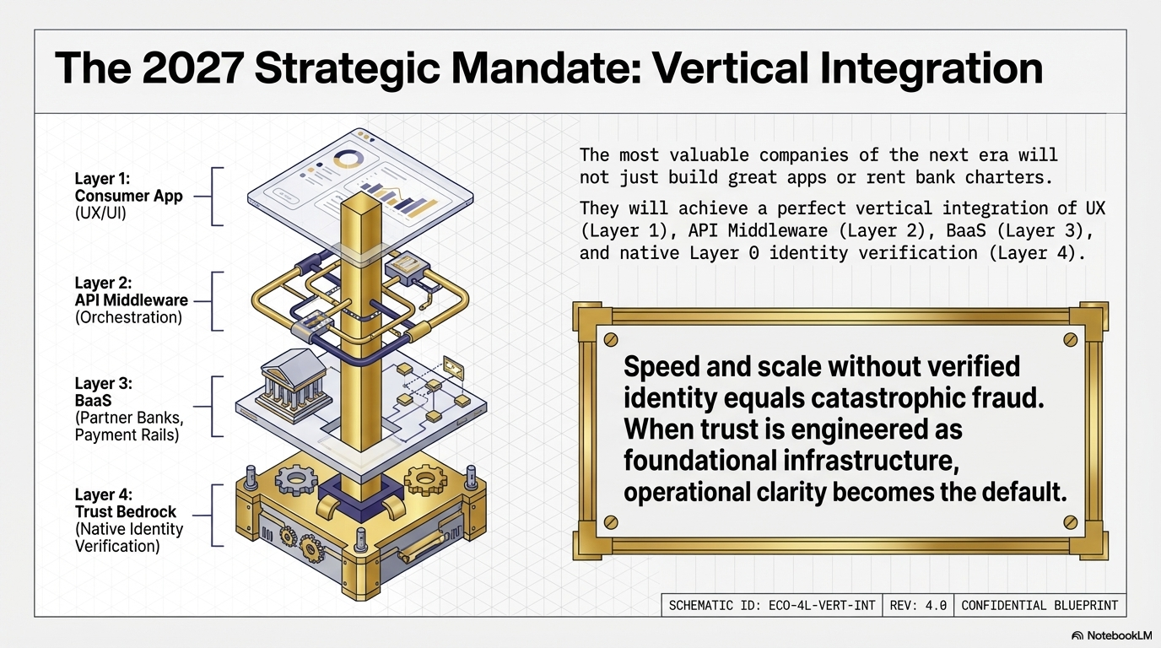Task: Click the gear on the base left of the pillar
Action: click(x=296, y=480)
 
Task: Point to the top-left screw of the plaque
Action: click(x=611, y=339)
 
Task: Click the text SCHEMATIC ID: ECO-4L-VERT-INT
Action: click(x=771, y=605)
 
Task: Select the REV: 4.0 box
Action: click(x=918, y=605)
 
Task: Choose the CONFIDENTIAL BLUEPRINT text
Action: click(x=1039, y=605)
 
